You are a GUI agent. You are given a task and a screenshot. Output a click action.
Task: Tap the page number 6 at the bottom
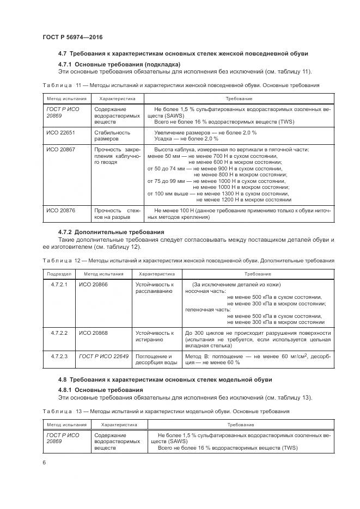point(44,462)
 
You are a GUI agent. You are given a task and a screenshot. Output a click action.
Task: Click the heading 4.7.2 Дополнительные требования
point(111,232)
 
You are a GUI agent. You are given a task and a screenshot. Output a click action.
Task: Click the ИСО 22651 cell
point(60,132)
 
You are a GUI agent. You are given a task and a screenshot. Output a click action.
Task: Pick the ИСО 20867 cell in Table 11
point(60,149)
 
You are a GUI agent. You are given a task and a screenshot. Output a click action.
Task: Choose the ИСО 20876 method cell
point(60,210)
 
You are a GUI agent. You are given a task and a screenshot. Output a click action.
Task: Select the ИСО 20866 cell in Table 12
point(93,284)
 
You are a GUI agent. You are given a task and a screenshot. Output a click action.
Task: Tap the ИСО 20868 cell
point(93,333)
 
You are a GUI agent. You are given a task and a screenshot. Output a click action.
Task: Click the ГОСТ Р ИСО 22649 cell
point(103,356)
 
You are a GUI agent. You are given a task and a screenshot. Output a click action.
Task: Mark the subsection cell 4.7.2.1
point(59,284)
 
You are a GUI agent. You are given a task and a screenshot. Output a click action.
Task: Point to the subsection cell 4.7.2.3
point(59,356)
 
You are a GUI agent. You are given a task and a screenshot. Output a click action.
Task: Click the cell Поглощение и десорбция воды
point(156,359)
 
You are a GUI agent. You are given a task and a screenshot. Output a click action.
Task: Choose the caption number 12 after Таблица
point(77,261)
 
